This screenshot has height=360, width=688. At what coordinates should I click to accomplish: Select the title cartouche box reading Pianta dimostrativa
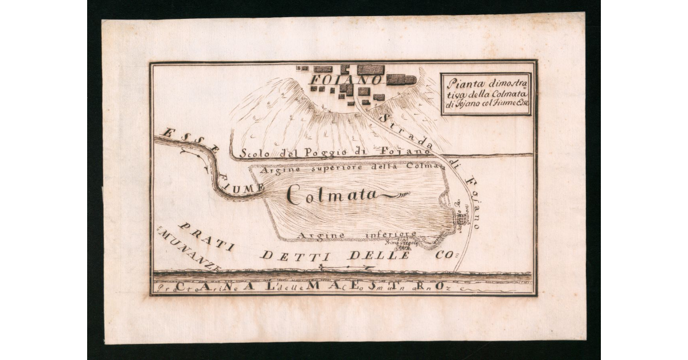pyautogui.click(x=486, y=93)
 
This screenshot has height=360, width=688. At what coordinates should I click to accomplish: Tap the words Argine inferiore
pyautogui.click(x=356, y=235)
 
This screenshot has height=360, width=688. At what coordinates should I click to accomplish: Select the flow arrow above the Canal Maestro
pyautogui.click(x=347, y=267)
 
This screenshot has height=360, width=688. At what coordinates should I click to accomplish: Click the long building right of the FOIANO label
pyautogui.click(x=401, y=80)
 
